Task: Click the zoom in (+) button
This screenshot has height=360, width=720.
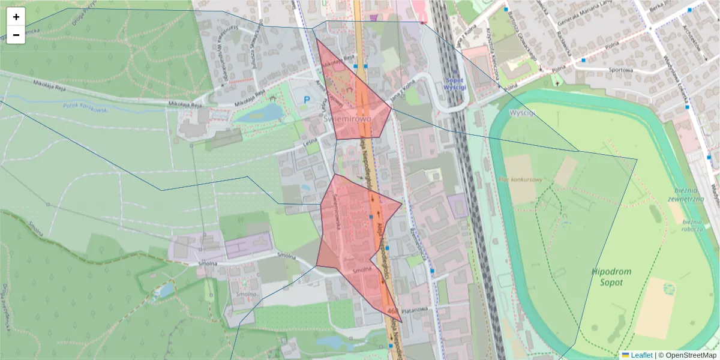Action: [16, 17]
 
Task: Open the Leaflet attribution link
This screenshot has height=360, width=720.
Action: [641, 355]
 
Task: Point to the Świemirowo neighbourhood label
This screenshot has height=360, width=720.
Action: [347, 119]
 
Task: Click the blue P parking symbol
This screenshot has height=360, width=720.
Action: [307, 100]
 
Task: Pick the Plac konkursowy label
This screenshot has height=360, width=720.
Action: [520, 180]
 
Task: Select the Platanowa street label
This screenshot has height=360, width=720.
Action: [413, 310]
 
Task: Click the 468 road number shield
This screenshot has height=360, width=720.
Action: [393, 311]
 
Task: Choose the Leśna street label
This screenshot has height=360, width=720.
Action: [310, 142]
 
